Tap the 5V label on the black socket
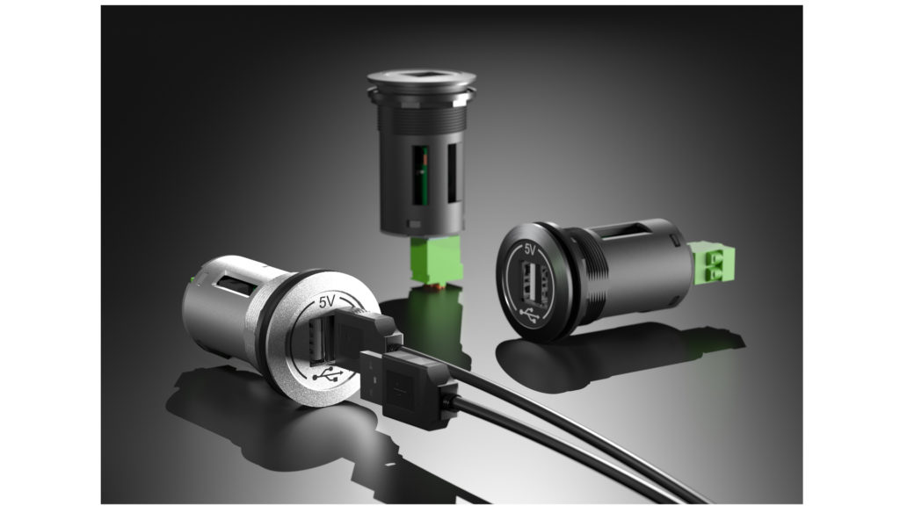click(x=529, y=249)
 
